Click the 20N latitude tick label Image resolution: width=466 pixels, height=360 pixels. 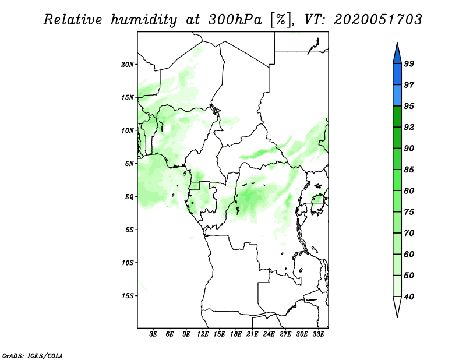pos(128,64)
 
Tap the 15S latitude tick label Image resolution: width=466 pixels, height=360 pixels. pos(128,296)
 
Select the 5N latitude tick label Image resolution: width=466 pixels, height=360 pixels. pos(129,164)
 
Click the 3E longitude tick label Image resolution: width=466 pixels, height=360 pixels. pos(154,334)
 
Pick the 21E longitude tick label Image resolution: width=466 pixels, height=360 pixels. pos(252,334)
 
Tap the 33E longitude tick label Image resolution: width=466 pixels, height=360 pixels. pos(318,334)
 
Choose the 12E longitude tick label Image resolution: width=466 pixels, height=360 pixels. pos(203,334)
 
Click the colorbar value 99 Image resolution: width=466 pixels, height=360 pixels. pos(409,63)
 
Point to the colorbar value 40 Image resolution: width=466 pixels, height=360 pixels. pos(409,297)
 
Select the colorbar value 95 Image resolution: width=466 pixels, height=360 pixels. pos(409,106)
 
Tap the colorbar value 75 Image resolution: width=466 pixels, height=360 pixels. pos(409,212)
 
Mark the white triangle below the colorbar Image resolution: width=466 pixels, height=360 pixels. pos(397,307)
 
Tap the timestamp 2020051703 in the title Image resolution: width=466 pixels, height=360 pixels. pos(377,20)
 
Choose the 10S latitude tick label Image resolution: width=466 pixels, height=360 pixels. pos(128,263)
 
